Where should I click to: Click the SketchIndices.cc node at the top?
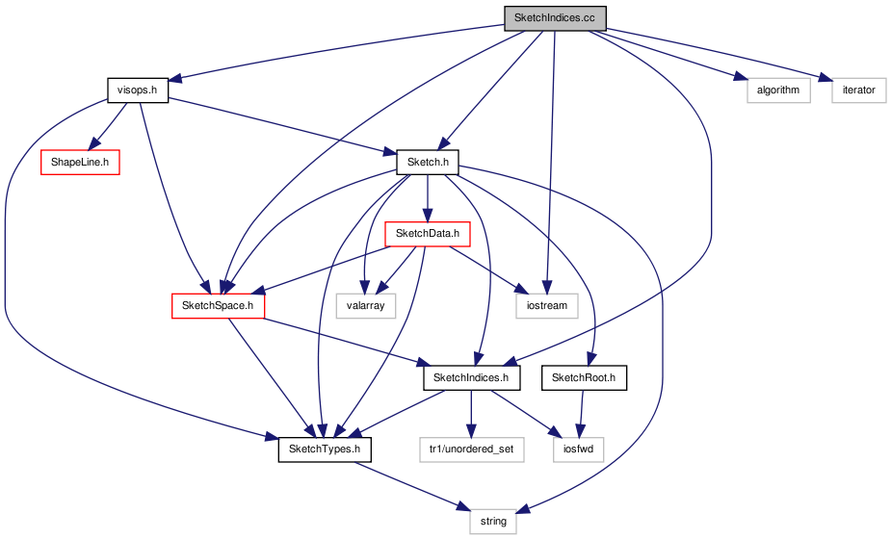coord(555,18)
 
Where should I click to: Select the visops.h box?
coord(138,90)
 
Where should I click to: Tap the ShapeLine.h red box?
coord(80,163)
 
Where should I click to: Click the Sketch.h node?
coord(428,163)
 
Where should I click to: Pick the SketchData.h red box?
coord(428,234)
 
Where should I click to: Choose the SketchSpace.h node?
coord(218,306)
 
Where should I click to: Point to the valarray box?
coord(365,306)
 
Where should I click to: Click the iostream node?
coord(547,306)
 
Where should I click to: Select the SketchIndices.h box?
coord(471,377)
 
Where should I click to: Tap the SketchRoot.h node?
coord(584,377)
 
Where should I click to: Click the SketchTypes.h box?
coord(325,449)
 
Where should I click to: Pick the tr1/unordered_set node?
coord(472,449)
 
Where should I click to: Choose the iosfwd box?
coord(579,449)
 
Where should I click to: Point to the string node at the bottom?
coord(493,522)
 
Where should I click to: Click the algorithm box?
coord(778,90)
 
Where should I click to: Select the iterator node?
coord(858,90)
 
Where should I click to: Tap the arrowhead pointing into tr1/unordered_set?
coord(470,430)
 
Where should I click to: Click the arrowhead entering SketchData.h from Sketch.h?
coord(428,215)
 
